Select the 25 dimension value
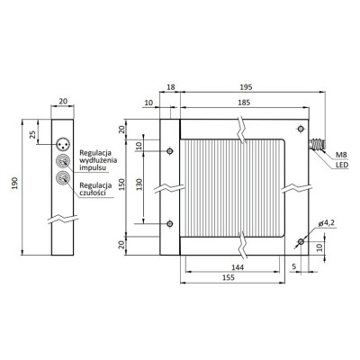tap(33, 135)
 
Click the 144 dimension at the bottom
tap(234, 267)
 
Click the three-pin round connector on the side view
tap(63, 142)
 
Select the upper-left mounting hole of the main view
tap(170, 151)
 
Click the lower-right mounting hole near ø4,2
tap(301, 240)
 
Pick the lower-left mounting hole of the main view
tap(170, 223)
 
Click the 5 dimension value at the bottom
tap(295, 266)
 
